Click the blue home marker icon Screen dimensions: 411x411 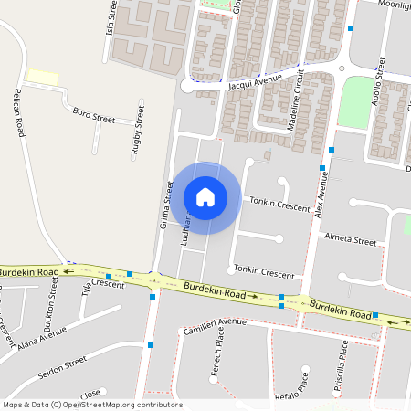[205, 196]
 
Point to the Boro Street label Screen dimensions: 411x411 [93, 116]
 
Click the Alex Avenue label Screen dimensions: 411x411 [321, 194]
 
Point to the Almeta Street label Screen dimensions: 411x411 [351, 239]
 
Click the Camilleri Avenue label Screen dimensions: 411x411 [215, 325]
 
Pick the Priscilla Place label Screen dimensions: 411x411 [341, 363]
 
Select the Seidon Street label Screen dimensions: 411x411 [62, 368]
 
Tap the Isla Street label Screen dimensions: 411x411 [111, 16]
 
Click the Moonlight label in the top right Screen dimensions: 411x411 [390, 5]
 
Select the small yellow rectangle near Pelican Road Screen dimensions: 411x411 [43, 77]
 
